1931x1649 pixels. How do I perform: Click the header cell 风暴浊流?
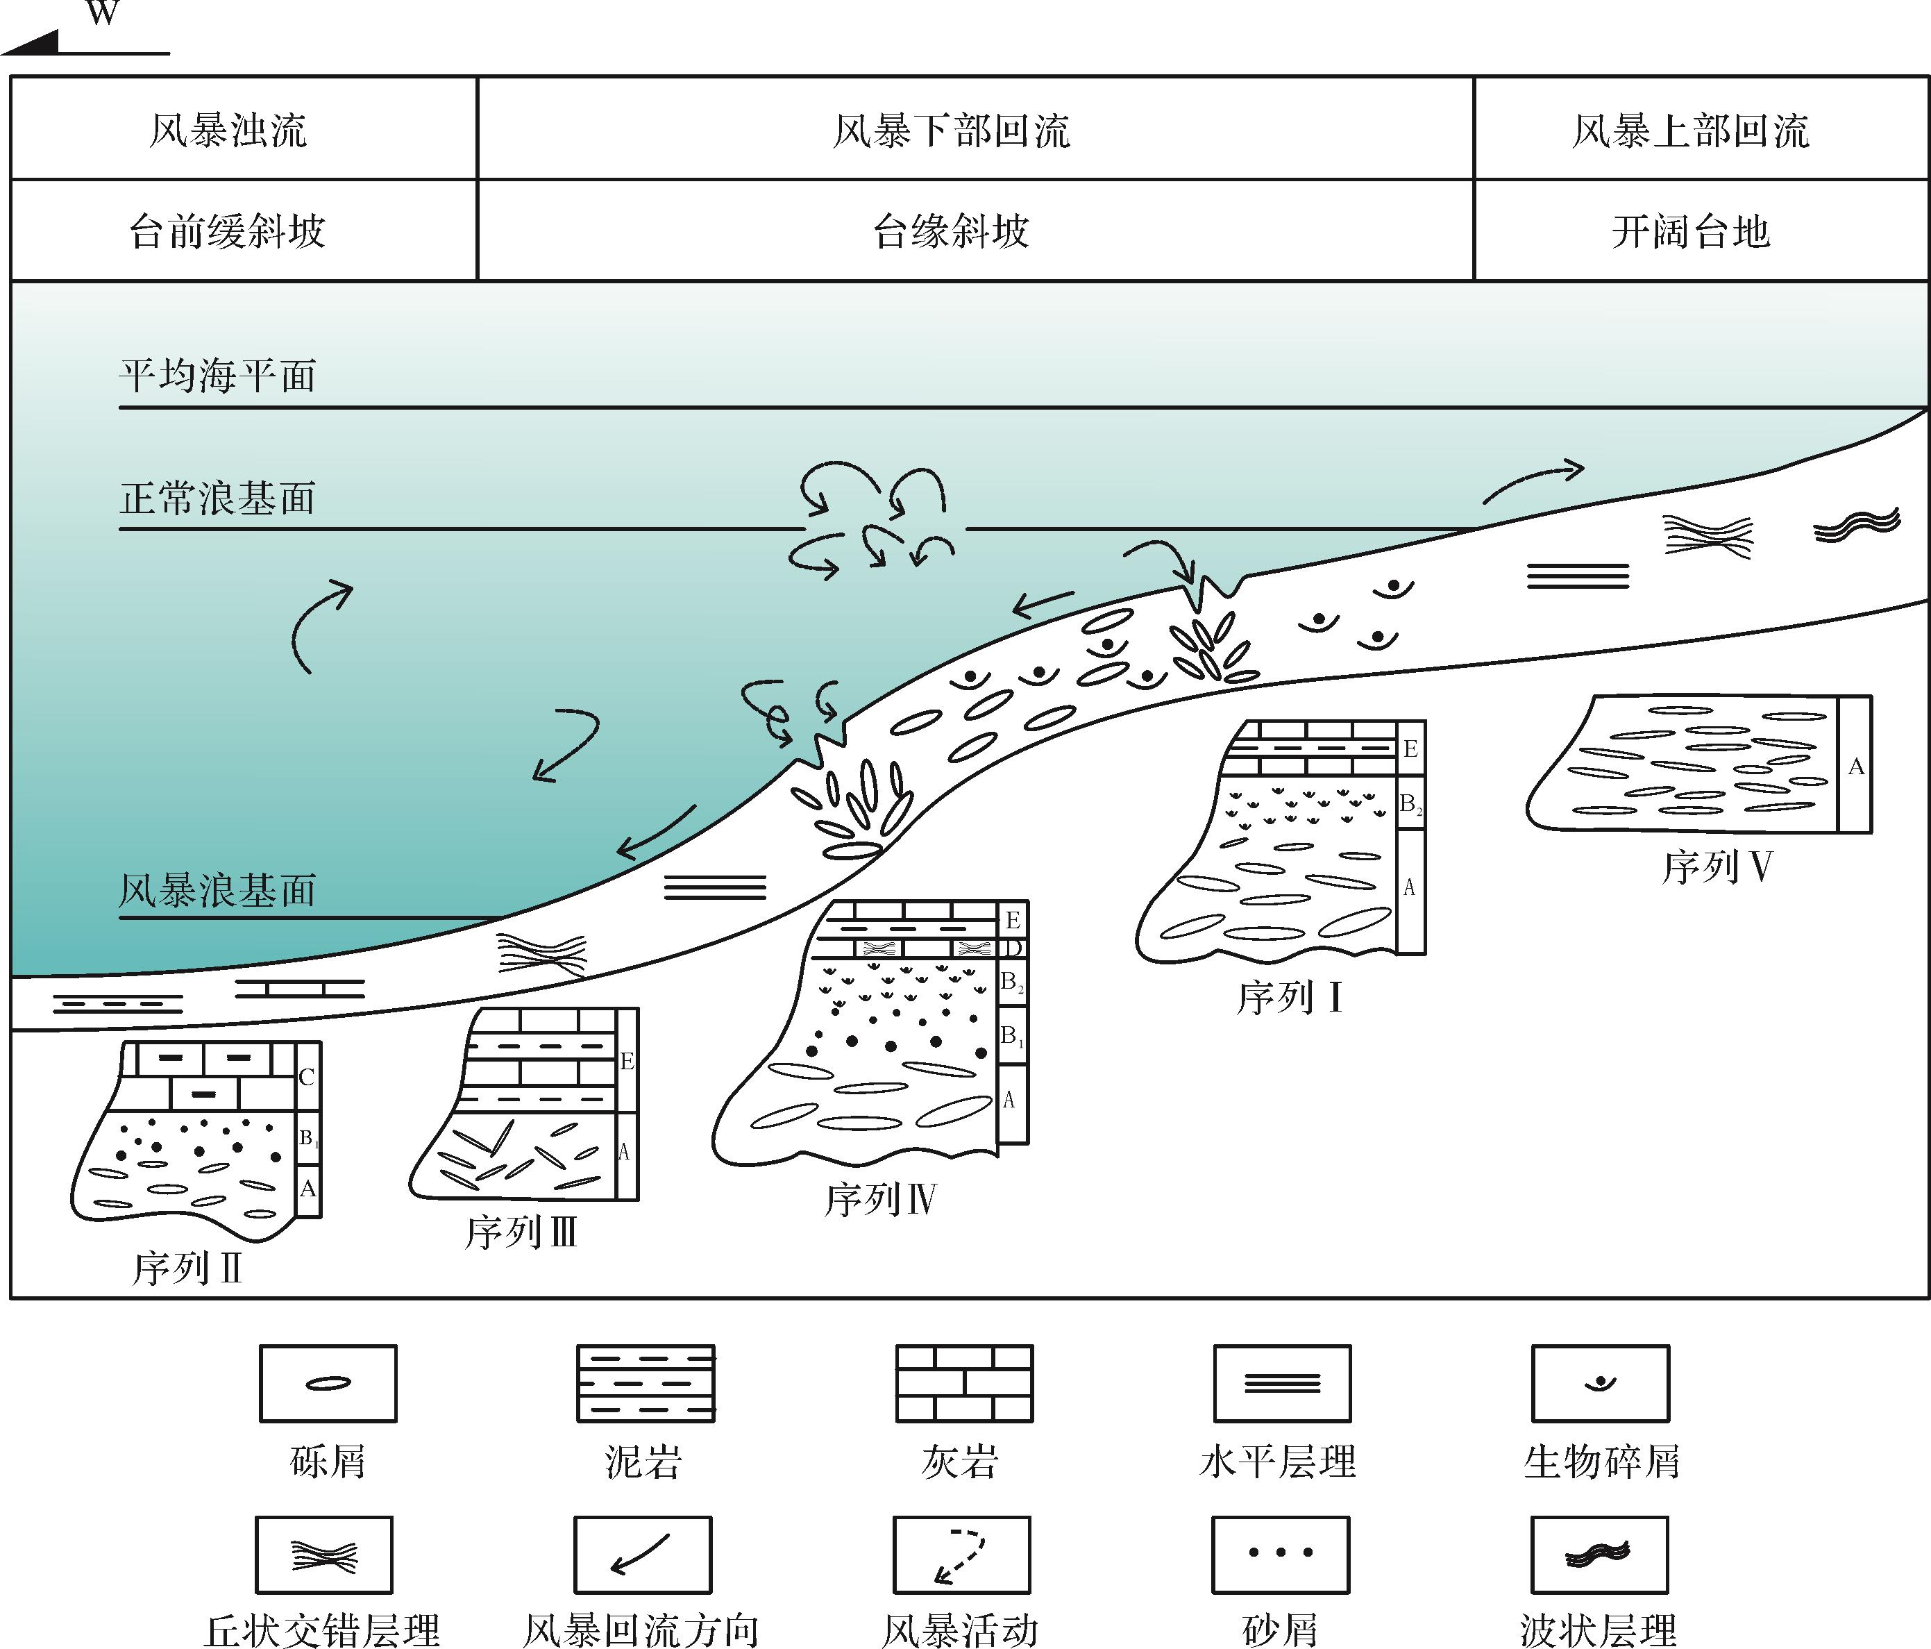(x=228, y=130)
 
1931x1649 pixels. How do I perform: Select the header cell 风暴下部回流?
(x=952, y=130)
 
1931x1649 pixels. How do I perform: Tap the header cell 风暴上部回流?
(x=1691, y=130)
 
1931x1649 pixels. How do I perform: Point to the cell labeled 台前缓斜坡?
(x=228, y=231)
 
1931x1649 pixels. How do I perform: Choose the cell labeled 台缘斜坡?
(x=952, y=231)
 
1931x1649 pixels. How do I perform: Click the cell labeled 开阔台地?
(x=1691, y=231)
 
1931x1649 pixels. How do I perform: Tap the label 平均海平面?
(x=218, y=376)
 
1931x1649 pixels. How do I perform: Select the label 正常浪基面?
(x=218, y=498)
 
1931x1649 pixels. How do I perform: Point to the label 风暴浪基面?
(x=218, y=890)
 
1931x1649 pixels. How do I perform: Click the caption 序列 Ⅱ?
(x=187, y=1269)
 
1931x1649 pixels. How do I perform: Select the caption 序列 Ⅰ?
(x=1289, y=998)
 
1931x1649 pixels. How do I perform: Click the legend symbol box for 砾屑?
(x=328, y=1383)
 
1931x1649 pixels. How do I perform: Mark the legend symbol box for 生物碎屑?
(x=1600, y=1383)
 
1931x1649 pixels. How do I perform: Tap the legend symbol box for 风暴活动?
(x=962, y=1555)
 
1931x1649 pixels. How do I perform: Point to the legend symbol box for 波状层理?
(x=1599, y=1555)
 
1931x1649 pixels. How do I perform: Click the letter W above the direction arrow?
(x=103, y=13)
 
